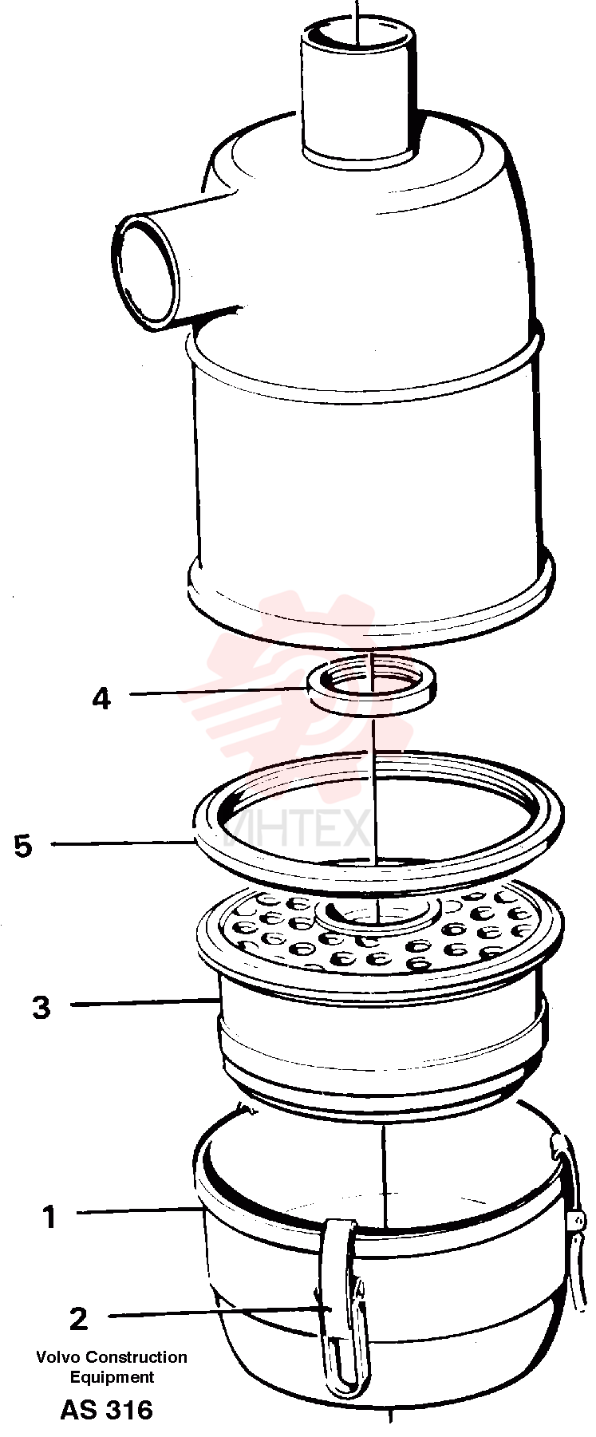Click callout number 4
[x=101, y=699]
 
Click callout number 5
[x=23, y=846]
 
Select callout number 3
[x=41, y=1007]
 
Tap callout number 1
[x=49, y=1218]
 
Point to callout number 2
[x=78, y=1319]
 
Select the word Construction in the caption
[x=136, y=1357]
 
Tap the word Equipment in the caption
[x=112, y=1377]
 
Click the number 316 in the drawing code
[x=128, y=1411]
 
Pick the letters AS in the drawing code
[x=79, y=1411]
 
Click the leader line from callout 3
[x=145, y=1004]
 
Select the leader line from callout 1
[x=140, y=1212]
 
